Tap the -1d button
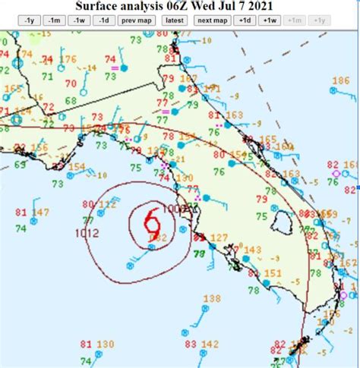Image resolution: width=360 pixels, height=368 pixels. pos(104,20)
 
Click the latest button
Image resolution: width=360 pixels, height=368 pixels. pos(174,20)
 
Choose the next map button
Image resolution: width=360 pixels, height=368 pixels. pos(214,20)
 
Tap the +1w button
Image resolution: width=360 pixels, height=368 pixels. pos(270,20)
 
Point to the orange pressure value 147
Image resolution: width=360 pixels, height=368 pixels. pos(40,212)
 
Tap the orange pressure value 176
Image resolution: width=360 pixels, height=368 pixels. pos(68,60)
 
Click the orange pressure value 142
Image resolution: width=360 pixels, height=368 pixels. pos(210,344)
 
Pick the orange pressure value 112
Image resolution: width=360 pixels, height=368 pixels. pos(107,204)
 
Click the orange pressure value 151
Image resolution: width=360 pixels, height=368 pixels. pos(273,273)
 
